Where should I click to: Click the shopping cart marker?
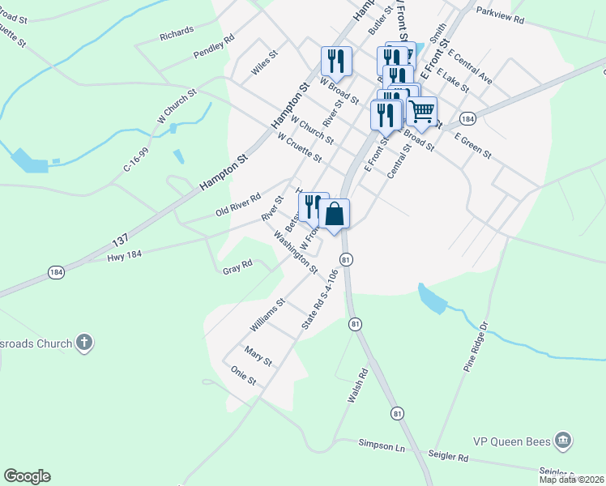tap(422, 111)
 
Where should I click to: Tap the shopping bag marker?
tap(335, 215)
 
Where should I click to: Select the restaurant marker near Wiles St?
tap(335, 60)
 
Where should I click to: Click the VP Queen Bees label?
tap(512, 442)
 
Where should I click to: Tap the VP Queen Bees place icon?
tap(564, 441)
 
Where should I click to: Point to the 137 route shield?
tap(120, 241)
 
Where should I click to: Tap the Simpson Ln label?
tap(382, 445)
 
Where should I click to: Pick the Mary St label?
tap(258, 355)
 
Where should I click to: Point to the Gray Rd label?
tap(238, 265)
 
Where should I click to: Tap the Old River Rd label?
tap(238, 205)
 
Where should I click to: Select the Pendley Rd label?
tap(214, 46)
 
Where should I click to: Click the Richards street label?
tap(177, 33)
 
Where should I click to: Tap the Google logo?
tap(27, 476)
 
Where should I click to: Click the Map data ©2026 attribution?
tap(572, 480)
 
